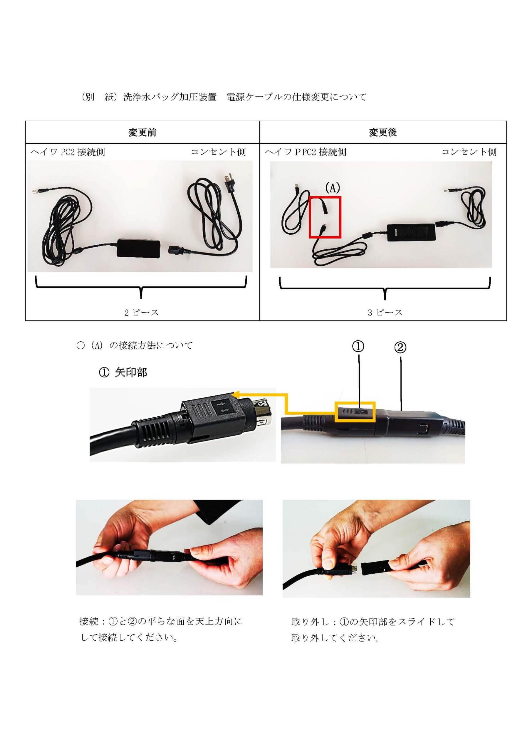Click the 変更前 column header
[142, 132]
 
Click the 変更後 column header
[383, 132]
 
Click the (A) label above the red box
[333, 188]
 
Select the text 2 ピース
[141, 313]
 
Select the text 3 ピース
[385, 313]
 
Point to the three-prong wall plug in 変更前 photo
[228, 184]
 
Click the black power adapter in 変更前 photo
[139, 248]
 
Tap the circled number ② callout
[400, 347]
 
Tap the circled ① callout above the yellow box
[358, 346]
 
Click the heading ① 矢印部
[123, 372]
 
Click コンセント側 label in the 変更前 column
[219, 152]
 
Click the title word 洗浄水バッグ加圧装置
[170, 97]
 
